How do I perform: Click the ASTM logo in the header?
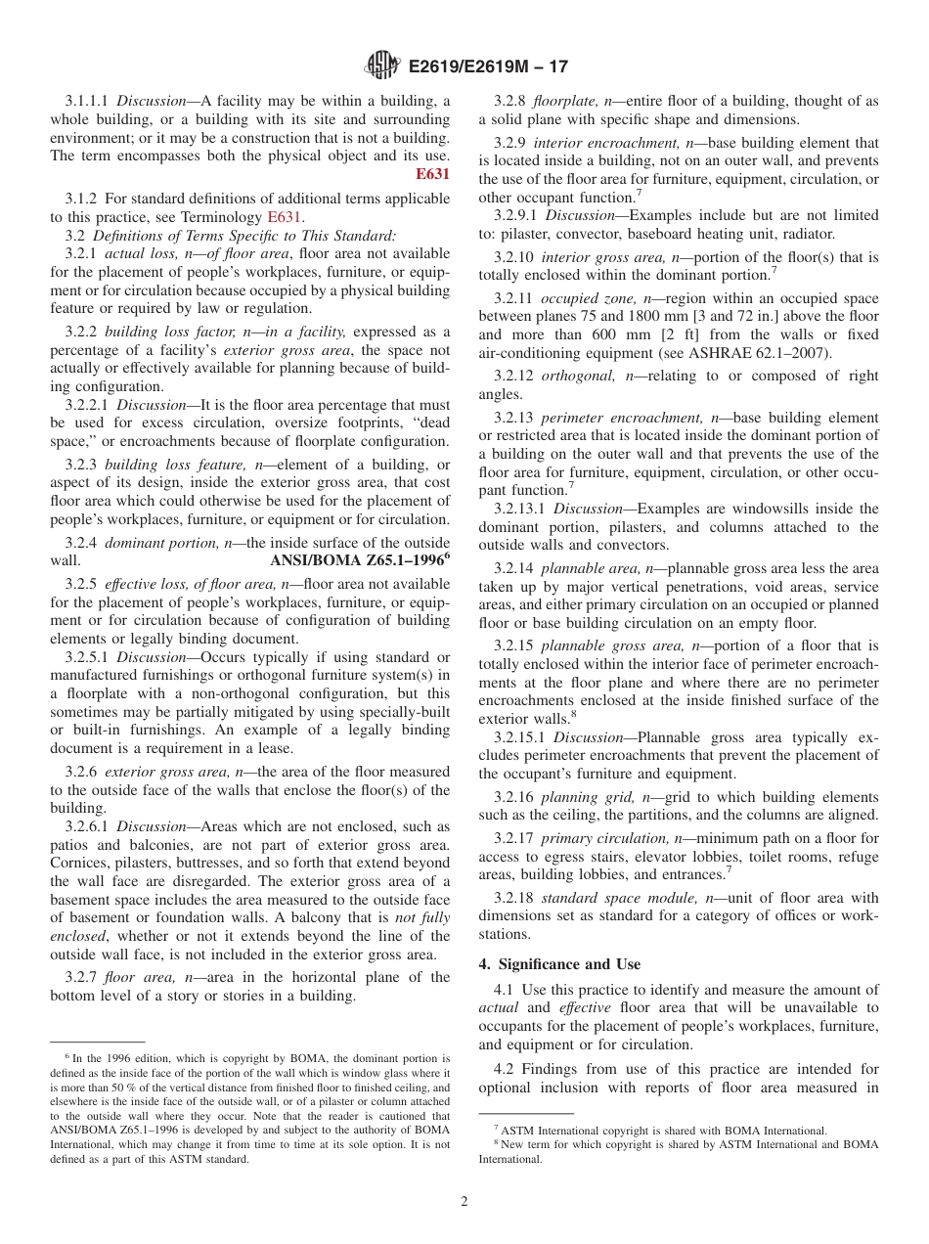coord(382,67)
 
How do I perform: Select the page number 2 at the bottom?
coord(464,1201)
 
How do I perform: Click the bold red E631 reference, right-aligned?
coord(432,175)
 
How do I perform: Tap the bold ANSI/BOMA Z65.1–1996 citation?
coord(356,560)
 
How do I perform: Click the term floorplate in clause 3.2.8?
coord(560,101)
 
